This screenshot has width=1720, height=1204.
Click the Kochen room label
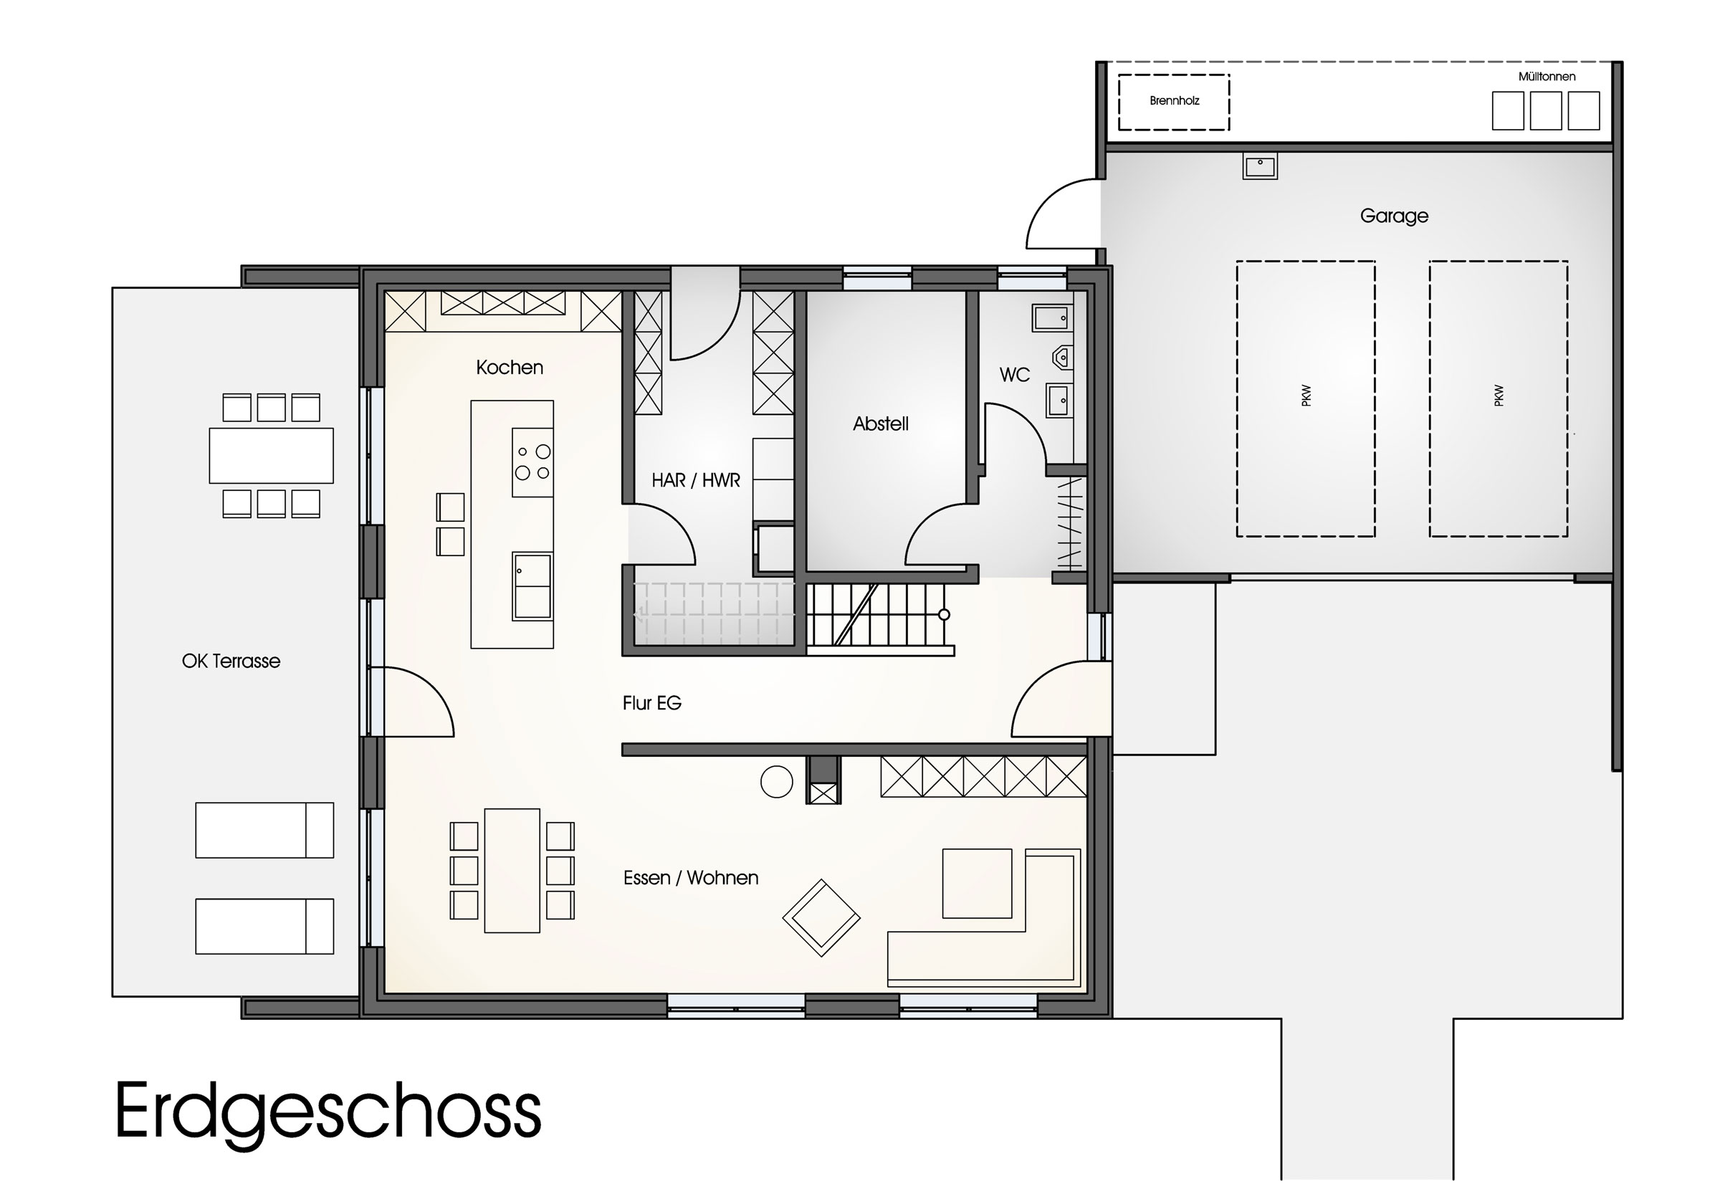(510, 367)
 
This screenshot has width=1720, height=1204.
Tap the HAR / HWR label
(695, 480)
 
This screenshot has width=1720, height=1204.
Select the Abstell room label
(880, 424)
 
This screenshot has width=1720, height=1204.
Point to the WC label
(1014, 375)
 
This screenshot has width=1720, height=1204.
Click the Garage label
(1394, 216)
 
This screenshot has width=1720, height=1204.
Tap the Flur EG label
(651, 703)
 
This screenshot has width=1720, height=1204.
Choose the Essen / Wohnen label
(691, 877)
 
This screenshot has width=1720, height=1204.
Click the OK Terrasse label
(231, 661)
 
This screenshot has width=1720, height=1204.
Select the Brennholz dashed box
(1174, 102)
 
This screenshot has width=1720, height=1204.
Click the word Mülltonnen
(1547, 77)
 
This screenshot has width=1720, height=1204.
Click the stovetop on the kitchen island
(532, 462)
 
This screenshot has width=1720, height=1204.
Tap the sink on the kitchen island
(532, 586)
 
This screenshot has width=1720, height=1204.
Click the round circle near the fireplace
(776, 782)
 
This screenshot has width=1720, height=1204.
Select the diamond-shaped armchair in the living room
(821, 918)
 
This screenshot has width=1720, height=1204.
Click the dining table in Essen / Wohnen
(512, 871)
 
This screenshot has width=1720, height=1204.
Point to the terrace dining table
(271, 456)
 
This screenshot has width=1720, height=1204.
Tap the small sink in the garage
(1260, 166)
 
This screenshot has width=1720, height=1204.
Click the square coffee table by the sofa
(977, 884)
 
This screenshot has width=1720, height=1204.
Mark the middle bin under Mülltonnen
(1546, 111)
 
